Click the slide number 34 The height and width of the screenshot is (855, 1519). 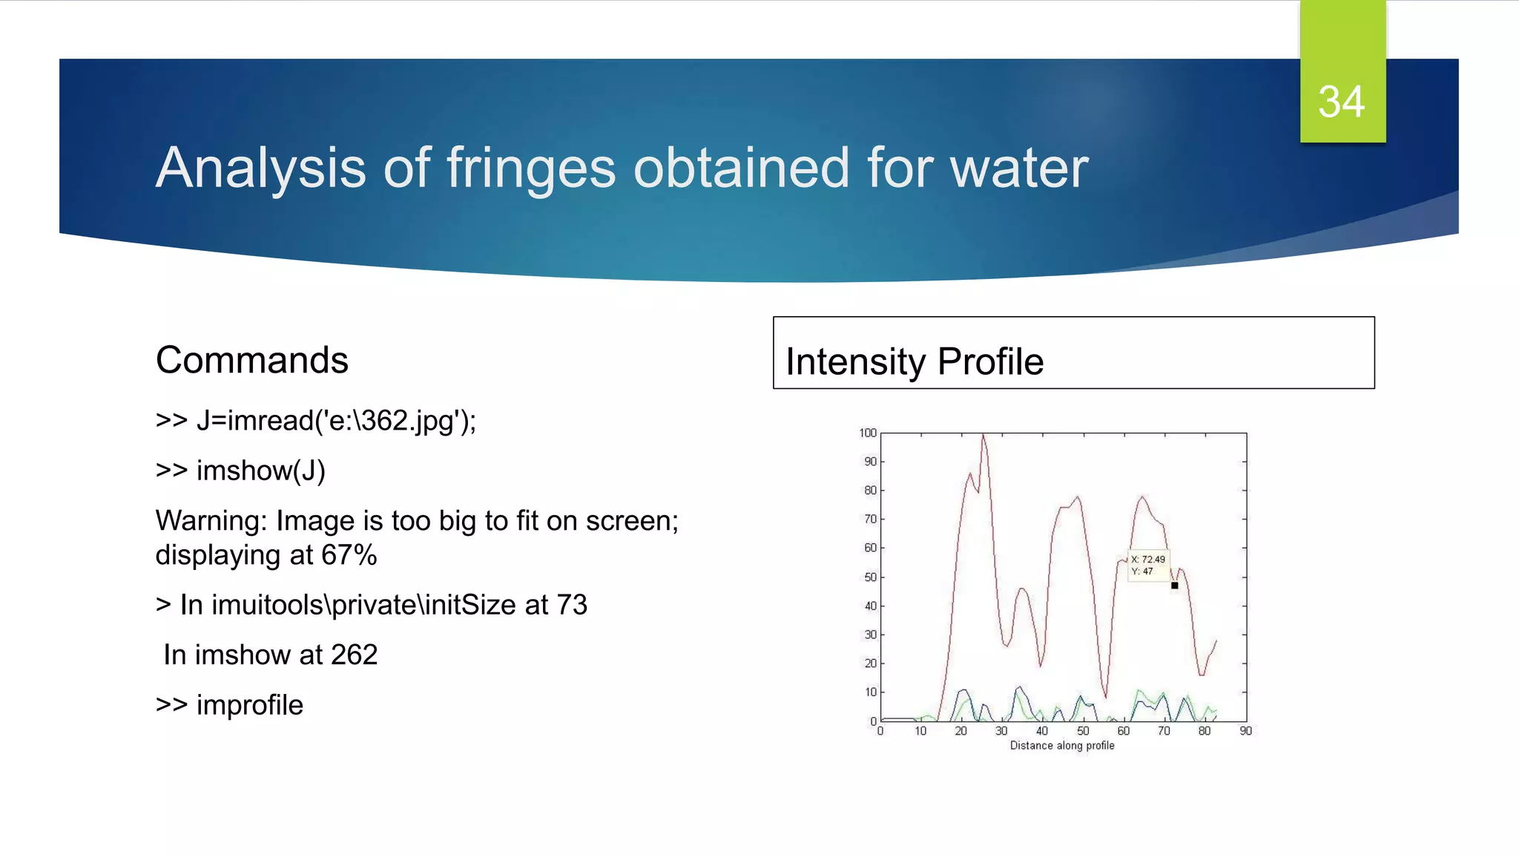[1341, 102]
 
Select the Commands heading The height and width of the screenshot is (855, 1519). [251, 361]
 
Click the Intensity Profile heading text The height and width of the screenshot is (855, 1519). [914, 362]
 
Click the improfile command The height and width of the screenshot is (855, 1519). [249, 705]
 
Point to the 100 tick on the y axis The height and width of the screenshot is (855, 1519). [867, 433]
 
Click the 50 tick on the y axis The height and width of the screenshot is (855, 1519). [869, 577]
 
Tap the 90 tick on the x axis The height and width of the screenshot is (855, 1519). [1245, 731]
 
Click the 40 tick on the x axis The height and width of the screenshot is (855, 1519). [1042, 731]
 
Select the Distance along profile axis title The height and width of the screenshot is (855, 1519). [1061, 745]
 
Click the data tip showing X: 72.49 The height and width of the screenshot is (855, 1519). [1147, 565]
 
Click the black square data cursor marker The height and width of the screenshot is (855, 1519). [1174, 586]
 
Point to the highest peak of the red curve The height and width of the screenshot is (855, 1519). [983, 436]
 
